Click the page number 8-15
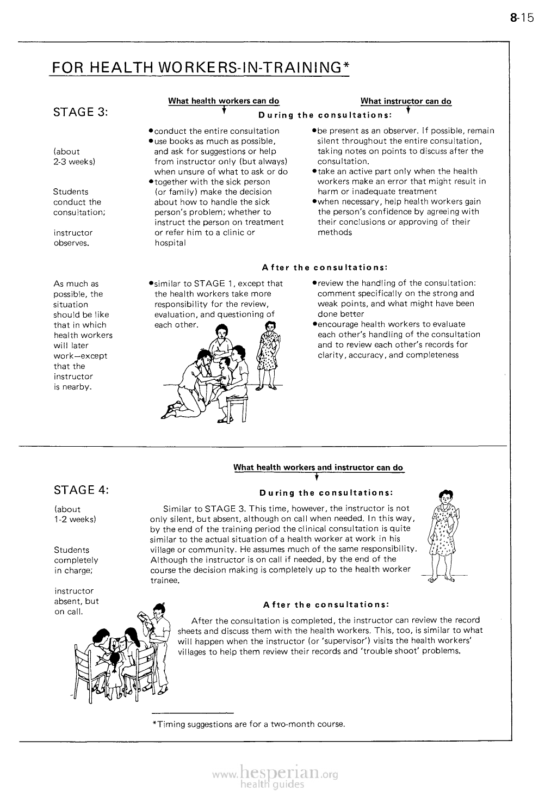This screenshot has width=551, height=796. [523, 18]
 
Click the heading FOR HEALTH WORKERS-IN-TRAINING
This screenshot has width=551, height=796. [199, 67]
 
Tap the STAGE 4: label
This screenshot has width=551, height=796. [82, 490]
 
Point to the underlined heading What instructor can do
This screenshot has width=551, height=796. [405, 101]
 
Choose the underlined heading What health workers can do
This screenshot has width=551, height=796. [224, 101]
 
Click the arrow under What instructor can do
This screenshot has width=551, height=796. [407, 112]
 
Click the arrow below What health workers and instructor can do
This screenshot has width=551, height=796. [316, 477]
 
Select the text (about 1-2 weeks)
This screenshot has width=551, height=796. [75, 514]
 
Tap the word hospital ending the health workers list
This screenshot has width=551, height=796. [170, 243]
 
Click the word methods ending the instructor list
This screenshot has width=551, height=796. [335, 232]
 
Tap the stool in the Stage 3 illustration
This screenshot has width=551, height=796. [235, 405]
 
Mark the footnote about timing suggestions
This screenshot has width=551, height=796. [249, 724]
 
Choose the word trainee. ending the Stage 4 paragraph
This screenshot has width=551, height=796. [165, 580]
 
